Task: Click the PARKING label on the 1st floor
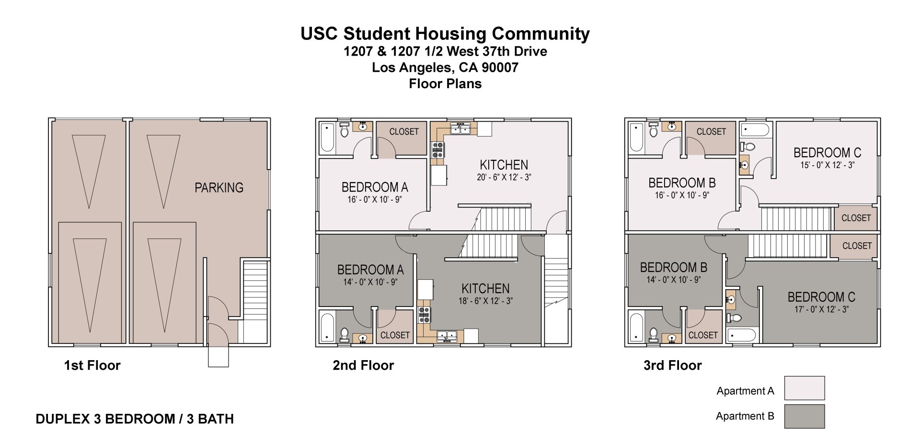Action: [218, 188]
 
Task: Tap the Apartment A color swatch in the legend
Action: [804, 388]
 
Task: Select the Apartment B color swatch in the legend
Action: [804, 416]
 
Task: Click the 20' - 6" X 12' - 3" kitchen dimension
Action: [504, 177]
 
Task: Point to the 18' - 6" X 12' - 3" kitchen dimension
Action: [485, 301]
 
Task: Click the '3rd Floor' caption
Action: [672, 365]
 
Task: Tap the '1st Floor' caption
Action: [92, 365]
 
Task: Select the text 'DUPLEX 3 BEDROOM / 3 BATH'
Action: [135, 419]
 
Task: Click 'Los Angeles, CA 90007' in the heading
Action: [445, 68]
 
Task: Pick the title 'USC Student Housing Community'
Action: [445, 34]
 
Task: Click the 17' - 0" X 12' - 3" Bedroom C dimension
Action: [821, 309]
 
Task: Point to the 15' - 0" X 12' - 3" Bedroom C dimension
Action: [827, 165]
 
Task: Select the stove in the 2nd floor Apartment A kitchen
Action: [438, 150]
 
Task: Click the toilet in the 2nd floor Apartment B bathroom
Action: [344, 333]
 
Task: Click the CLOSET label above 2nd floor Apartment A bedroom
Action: [403, 132]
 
